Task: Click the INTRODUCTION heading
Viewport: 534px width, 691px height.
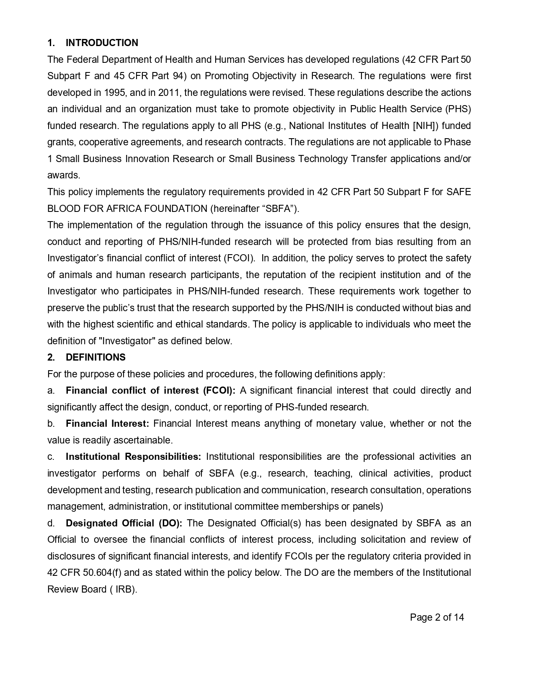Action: [102, 43]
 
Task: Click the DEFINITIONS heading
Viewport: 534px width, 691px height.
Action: [95, 357]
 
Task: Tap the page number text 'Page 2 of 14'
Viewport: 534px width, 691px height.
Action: [437, 617]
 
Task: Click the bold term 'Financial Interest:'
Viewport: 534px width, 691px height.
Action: [107, 423]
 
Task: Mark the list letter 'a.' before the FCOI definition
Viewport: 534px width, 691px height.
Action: [51, 390]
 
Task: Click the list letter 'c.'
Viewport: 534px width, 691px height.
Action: [51, 456]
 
